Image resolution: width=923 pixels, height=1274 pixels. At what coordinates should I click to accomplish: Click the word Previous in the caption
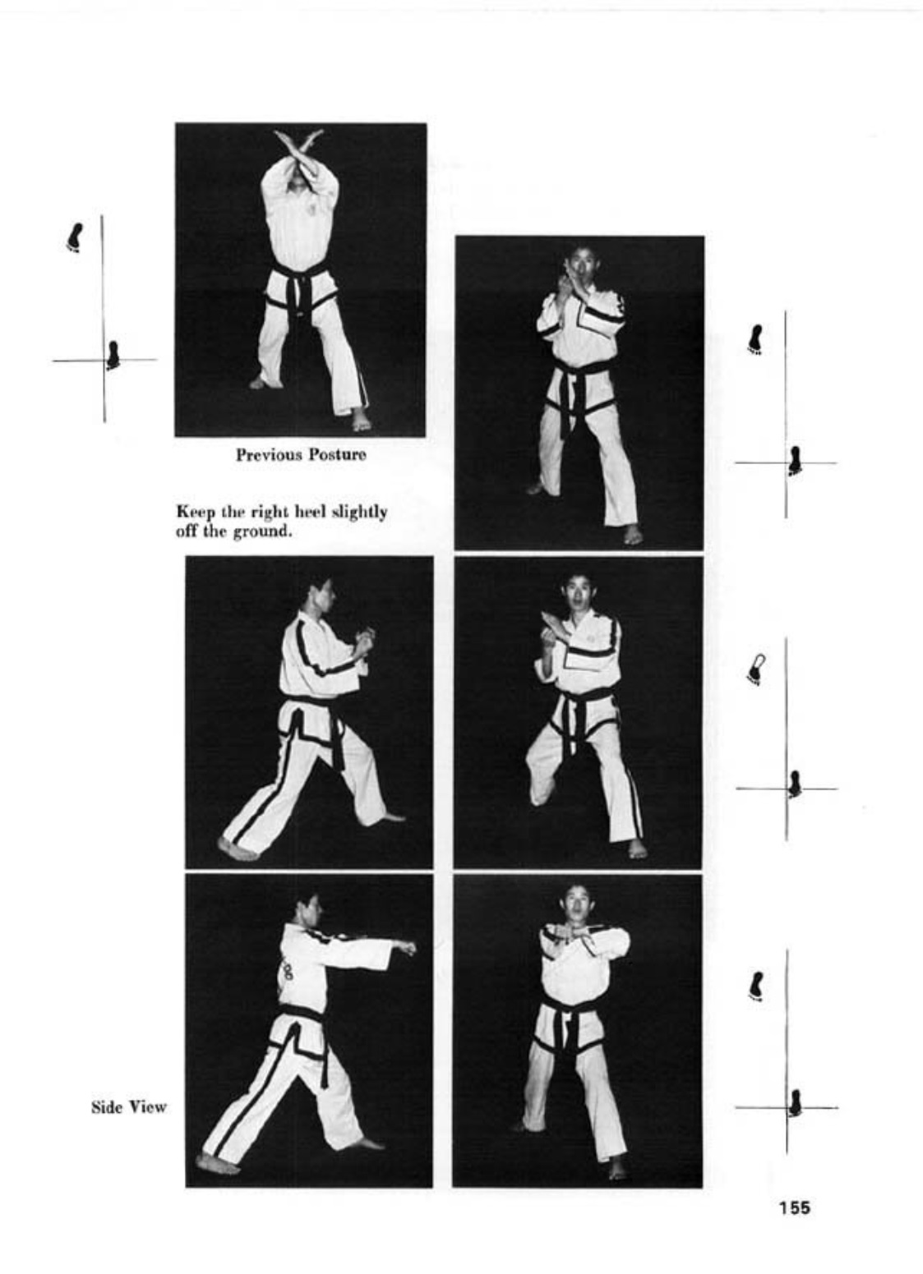(269, 455)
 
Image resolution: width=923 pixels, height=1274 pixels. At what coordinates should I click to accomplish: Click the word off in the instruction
(185, 532)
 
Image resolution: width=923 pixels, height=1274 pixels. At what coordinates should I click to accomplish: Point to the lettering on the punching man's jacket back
(287, 971)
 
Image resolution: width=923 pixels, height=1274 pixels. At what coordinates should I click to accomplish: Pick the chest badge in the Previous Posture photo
(312, 209)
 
